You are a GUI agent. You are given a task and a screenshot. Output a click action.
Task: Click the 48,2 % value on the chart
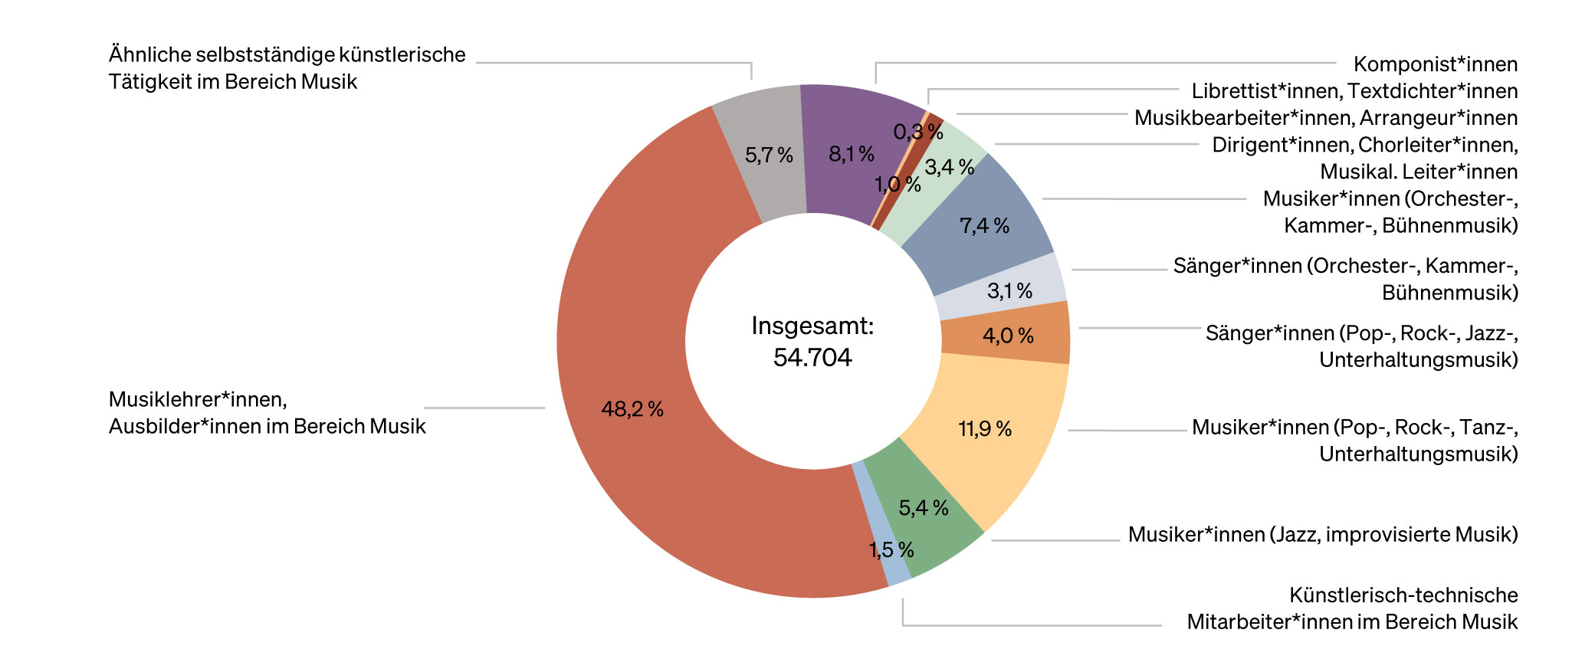point(632,409)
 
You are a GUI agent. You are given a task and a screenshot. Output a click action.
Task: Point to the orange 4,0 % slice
point(1008,336)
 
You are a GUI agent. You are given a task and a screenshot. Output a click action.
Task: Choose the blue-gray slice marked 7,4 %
point(984,225)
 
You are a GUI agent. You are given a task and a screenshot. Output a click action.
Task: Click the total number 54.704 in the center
point(812,357)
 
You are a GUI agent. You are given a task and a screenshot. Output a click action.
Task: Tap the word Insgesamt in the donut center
point(811,326)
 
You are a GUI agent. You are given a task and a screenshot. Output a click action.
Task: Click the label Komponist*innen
point(1435,64)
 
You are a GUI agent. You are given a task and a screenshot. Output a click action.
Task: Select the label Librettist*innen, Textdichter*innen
point(1354,91)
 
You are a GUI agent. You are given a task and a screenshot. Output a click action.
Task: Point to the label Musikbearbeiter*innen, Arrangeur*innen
point(1326,118)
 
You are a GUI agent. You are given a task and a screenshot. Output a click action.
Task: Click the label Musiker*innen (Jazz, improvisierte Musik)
point(1322,534)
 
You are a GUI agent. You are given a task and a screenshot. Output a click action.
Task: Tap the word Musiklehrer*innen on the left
point(198,399)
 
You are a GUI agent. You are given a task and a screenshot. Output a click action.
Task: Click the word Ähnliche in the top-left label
point(150,55)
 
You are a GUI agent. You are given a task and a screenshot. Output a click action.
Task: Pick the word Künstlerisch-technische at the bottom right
point(1403,595)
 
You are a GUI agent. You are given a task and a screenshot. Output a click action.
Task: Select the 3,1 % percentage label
point(1009,291)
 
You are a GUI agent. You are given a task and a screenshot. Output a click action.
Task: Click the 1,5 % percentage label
point(891,550)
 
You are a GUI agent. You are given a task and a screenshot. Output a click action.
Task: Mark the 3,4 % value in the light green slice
point(949,167)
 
